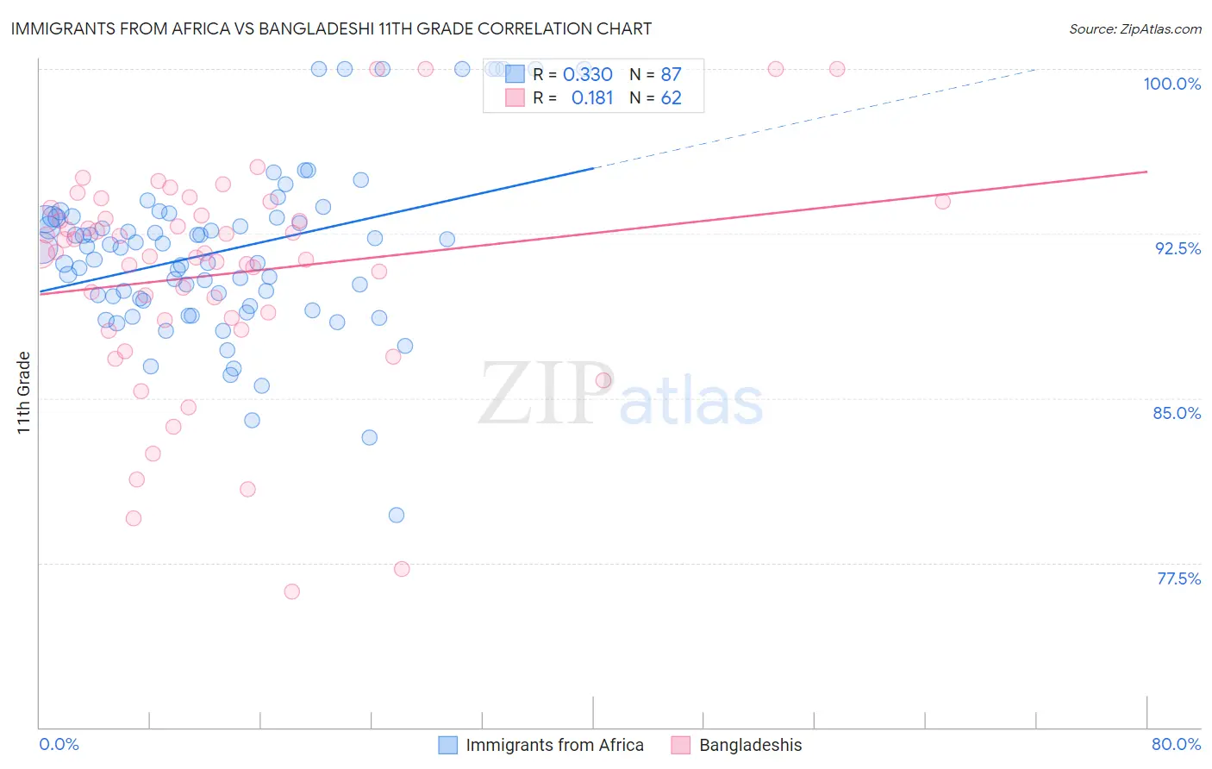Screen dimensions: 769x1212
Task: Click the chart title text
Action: pos(331,28)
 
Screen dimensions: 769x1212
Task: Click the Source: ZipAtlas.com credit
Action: pos(1134,28)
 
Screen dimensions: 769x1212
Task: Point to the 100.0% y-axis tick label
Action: pos(1171,84)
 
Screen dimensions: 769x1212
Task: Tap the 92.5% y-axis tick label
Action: pos(1178,248)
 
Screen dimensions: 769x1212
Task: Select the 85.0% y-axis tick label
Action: pos(1177,413)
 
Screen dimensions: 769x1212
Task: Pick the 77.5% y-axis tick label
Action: pos(1178,578)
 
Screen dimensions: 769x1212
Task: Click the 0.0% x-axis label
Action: pos(59,744)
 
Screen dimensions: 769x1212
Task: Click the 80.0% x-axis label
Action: pos(1176,744)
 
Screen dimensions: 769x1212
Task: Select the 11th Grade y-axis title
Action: pos(24,392)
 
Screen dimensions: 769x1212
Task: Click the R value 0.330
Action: pos(587,75)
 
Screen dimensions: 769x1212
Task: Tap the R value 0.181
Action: pos(592,98)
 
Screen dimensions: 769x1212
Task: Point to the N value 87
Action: pos(671,75)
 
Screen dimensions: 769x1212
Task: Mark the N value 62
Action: pos(671,98)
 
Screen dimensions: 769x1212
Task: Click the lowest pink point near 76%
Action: pos(292,591)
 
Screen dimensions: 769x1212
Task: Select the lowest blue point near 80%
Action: pos(397,515)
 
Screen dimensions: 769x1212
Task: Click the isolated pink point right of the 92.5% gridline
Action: pos(942,202)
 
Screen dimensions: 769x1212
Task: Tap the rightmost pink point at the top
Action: pos(837,69)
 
